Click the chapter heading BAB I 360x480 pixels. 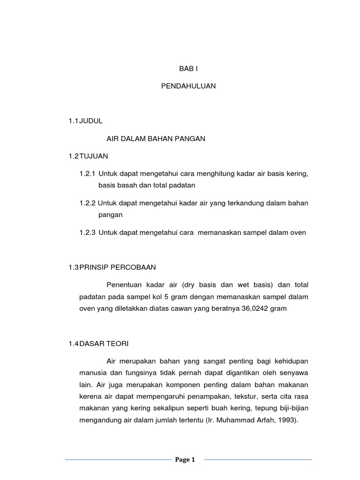click(x=189, y=68)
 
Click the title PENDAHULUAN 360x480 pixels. click(x=188, y=86)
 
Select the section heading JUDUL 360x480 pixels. click(x=91, y=120)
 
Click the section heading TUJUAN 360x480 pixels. click(x=94, y=156)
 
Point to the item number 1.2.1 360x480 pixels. click(x=87, y=174)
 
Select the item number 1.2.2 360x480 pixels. click(x=87, y=203)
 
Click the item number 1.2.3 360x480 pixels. click(x=87, y=232)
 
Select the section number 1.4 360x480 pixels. click(x=73, y=344)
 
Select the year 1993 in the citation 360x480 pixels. click(x=287, y=420)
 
